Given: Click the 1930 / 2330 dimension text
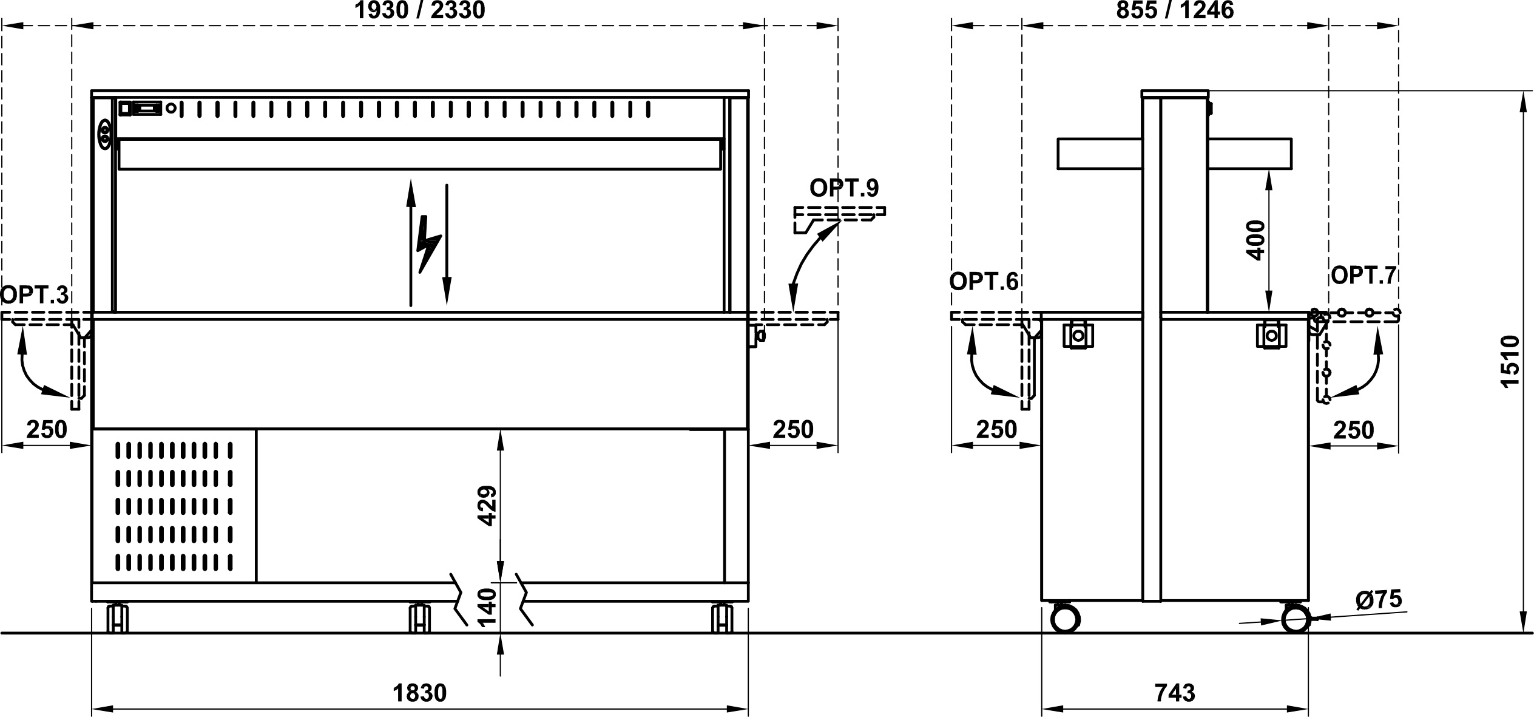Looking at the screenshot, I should tap(419, 10).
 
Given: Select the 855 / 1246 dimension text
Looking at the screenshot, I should tap(1175, 10).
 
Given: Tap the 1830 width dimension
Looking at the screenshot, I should tap(419, 693).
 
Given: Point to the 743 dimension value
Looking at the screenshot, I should tap(1175, 693).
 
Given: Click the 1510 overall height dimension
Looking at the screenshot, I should tap(1510, 361).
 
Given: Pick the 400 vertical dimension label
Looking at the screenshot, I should tap(1256, 240).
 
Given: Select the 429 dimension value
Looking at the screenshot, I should tap(487, 505).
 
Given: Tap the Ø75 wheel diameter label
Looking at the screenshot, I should tap(1379, 600).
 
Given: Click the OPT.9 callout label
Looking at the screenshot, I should tap(844, 188).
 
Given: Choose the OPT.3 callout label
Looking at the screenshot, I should tap(35, 295).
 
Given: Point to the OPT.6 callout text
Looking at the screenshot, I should tap(984, 282).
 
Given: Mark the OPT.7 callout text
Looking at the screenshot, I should tap(1363, 276).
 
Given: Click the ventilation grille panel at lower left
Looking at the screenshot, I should tap(174, 506).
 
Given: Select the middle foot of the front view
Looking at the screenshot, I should tap(419, 619).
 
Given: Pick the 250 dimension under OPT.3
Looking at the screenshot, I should tap(47, 430).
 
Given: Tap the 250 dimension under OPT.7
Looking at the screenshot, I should tap(1354, 430).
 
